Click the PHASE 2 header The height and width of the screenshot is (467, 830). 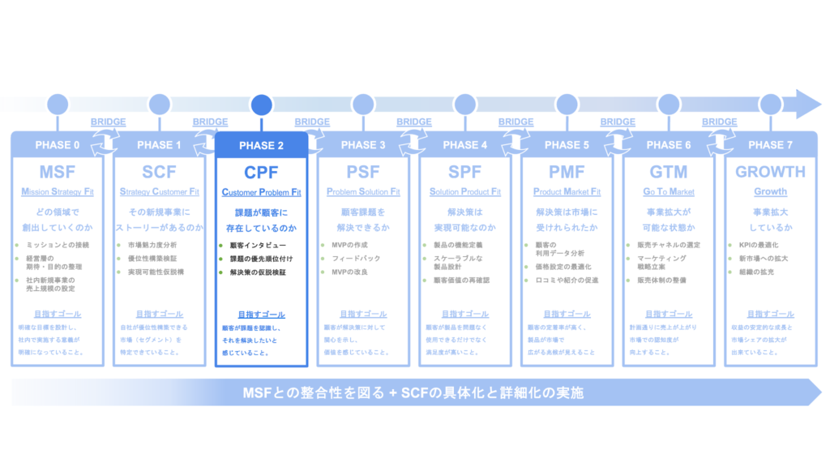pyautogui.click(x=261, y=146)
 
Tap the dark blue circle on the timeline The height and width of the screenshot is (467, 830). pyautogui.click(x=261, y=105)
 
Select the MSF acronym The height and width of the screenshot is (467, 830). pyautogui.click(x=57, y=172)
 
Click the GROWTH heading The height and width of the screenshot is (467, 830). pyautogui.click(x=770, y=172)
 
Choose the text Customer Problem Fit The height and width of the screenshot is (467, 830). pyautogui.click(x=261, y=192)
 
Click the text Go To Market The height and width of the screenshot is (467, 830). pyautogui.click(x=669, y=192)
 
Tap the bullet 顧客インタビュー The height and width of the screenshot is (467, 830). pyautogui.click(x=258, y=245)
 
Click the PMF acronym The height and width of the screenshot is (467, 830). pyautogui.click(x=567, y=172)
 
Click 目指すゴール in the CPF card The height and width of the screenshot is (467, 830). pyautogui.click(x=261, y=315)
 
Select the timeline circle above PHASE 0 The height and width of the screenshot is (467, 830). pyautogui.click(x=58, y=105)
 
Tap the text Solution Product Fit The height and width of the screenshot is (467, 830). pyautogui.click(x=465, y=192)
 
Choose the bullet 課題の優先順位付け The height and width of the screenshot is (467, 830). pyautogui.click(x=261, y=259)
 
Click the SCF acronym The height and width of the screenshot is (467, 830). pyautogui.click(x=159, y=172)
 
